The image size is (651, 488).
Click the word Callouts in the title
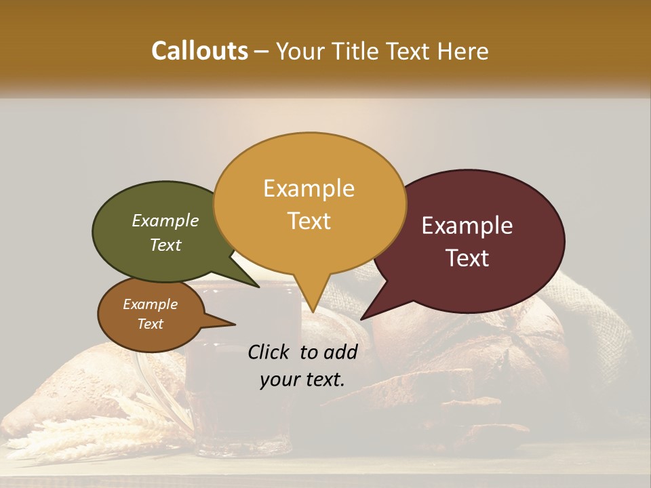point(199,51)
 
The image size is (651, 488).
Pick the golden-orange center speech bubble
point(309,203)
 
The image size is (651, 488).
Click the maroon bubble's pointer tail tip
point(361,319)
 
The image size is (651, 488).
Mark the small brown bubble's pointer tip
point(235,325)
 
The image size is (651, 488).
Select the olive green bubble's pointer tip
point(258,287)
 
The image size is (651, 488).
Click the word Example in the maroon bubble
point(467,226)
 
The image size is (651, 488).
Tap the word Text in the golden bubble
point(309,221)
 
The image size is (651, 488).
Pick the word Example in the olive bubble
point(165,220)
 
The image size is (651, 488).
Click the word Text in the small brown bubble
point(151,324)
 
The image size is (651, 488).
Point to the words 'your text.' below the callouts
point(302,380)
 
